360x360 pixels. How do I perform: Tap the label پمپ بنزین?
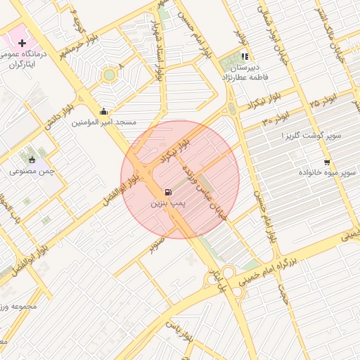pyautogui.click(x=167, y=202)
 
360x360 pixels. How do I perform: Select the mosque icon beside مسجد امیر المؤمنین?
pyautogui.click(x=104, y=111)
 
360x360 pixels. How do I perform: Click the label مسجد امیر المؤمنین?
pyautogui.click(x=104, y=122)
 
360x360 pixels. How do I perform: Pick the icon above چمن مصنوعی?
pyautogui.click(x=30, y=158)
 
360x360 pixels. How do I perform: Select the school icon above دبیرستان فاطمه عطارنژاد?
pyautogui.click(x=245, y=57)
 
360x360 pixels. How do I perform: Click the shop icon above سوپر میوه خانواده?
pyautogui.click(x=327, y=161)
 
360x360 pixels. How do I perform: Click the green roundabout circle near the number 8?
pyautogui.click(x=109, y=75)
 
